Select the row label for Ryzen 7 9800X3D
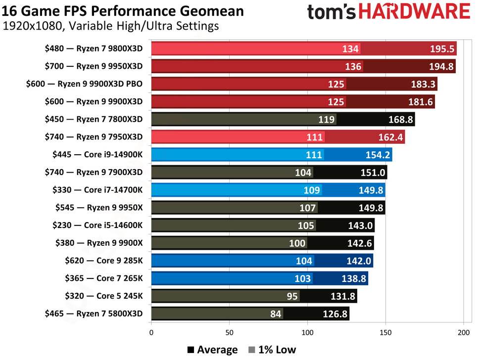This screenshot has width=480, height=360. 93,48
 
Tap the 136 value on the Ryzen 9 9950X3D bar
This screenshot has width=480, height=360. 353,66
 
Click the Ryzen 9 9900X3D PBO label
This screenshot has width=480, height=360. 84,84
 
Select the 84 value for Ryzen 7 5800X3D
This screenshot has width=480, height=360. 276,314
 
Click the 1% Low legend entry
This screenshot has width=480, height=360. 273,350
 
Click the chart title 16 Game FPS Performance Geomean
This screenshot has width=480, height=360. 123,10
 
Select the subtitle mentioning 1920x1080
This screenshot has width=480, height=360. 110,26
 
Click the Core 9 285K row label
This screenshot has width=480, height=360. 103,261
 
